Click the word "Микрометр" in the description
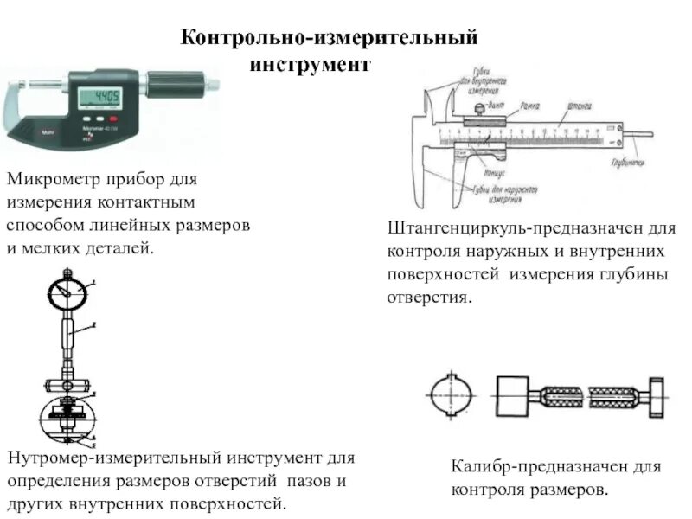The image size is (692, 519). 54,180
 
